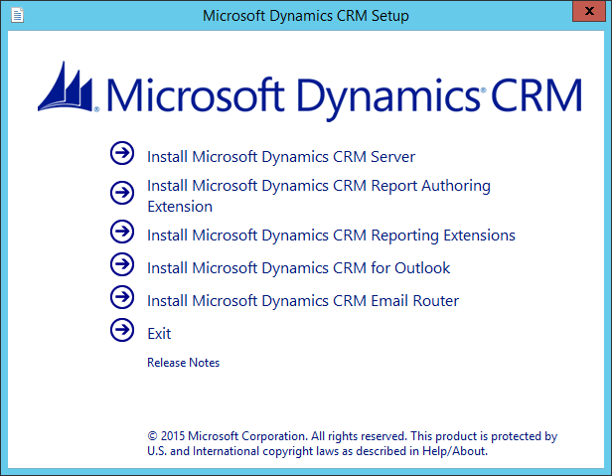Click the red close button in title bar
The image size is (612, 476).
tap(589, 11)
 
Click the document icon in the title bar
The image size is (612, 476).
tap(18, 16)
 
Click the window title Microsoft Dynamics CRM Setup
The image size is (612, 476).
tap(306, 16)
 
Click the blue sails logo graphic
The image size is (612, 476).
tap(67, 86)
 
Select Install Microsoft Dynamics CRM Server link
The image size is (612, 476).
tap(281, 157)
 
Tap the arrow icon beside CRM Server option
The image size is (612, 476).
tap(122, 153)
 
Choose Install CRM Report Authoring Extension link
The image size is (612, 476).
tap(319, 196)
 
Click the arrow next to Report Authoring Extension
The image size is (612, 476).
tap(122, 193)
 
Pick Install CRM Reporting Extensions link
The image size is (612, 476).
tap(332, 236)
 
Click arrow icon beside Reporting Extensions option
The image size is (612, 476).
tap(122, 232)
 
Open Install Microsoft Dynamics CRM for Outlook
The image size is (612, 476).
tap(299, 268)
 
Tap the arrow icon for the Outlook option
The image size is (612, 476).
tap(122, 264)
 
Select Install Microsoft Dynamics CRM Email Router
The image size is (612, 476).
tap(303, 301)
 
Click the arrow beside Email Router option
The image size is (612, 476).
tap(122, 297)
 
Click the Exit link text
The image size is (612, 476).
tap(159, 334)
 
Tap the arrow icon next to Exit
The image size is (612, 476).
tap(122, 330)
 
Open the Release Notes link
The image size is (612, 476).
tap(184, 363)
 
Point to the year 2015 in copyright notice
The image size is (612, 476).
tap(173, 436)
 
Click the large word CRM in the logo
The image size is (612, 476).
tap(536, 95)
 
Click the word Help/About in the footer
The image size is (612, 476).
tap(454, 451)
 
